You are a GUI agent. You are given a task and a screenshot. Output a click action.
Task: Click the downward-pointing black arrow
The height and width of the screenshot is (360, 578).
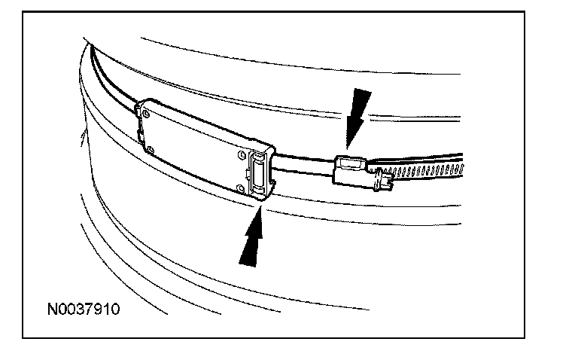tap(357, 114)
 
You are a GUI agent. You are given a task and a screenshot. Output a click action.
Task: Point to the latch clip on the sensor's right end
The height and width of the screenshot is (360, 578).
tap(257, 173)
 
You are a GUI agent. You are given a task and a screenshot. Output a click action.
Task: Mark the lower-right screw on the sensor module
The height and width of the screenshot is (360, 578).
tap(240, 185)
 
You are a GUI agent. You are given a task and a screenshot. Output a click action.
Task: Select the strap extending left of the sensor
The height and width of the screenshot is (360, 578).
tap(113, 79)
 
